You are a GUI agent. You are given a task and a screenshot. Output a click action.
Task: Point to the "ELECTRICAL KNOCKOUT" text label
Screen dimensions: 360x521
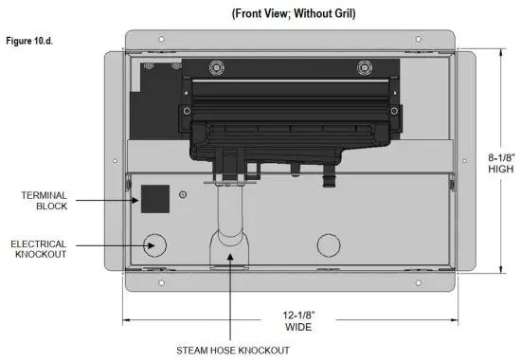point(38,250)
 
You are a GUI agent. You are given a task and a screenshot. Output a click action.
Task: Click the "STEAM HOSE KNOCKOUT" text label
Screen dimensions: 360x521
point(225,348)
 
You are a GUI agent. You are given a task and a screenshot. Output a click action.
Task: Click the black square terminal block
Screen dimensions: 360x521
point(154,198)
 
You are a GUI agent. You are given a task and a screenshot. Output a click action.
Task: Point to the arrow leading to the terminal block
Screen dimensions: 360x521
point(108,201)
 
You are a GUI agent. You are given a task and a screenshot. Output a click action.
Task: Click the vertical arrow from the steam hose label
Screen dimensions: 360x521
point(226,298)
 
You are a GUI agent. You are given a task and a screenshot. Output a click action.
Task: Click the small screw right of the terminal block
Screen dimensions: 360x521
point(183,195)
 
